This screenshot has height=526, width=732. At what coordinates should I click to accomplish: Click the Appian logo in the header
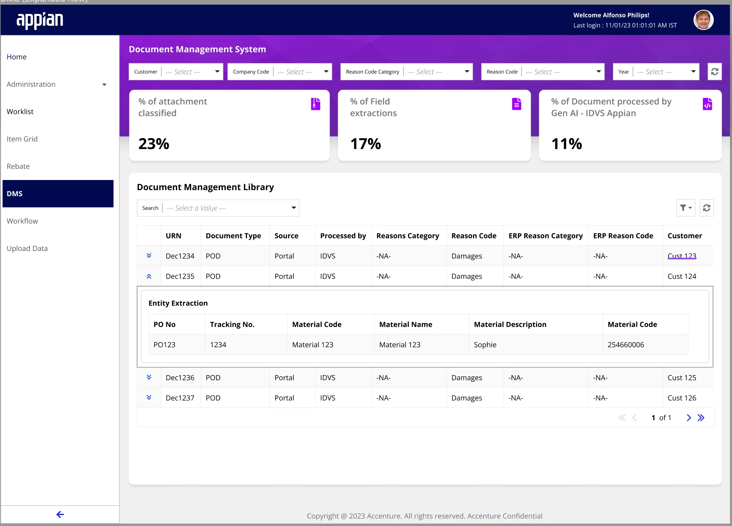(x=40, y=20)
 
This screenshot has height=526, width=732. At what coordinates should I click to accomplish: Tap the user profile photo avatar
(x=703, y=20)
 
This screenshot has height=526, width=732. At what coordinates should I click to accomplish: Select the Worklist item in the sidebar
(x=20, y=111)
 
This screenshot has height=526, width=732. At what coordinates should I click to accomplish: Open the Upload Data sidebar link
(x=27, y=248)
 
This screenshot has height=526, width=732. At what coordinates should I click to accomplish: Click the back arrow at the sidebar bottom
(x=60, y=514)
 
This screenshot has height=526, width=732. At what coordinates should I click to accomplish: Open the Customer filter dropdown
(x=176, y=72)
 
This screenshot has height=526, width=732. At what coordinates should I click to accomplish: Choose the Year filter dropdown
(x=656, y=72)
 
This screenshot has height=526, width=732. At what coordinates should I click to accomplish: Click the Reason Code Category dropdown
(x=407, y=72)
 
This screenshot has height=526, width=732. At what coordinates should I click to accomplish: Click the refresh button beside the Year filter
(x=715, y=72)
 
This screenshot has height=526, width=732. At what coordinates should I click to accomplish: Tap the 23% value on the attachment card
(x=154, y=144)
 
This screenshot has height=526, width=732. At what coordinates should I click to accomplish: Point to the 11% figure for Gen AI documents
(x=566, y=144)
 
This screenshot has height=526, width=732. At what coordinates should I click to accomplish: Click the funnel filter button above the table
(x=686, y=208)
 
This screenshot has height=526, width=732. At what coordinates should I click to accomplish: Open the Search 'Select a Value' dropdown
(x=218, y=208)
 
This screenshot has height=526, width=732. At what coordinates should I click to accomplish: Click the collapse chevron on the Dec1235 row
(x=149, y=276)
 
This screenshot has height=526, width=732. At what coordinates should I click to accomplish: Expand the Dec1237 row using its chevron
(x=149, y=398)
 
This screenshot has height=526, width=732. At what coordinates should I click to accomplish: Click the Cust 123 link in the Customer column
(x=682, y=256)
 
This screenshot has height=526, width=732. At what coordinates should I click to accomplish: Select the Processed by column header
(x=343, y=236)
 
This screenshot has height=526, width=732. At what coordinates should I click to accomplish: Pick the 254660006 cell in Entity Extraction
(x=626, y=344)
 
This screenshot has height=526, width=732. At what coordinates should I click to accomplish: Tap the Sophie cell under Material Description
(x=485, y=344)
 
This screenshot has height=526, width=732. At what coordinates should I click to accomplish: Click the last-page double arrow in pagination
(x=701, y=418)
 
